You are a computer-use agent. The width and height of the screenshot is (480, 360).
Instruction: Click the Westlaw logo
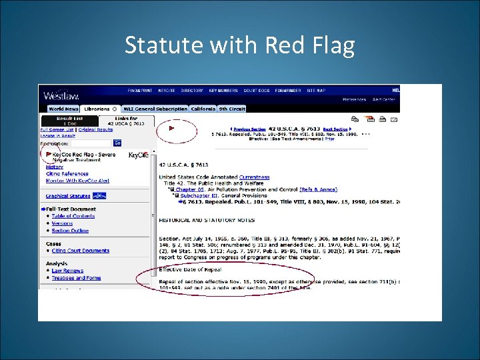(x=61, y=95)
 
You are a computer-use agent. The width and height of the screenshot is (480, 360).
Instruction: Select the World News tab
(x=63, y=109)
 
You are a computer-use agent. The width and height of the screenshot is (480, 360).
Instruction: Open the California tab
(x=203, y=109)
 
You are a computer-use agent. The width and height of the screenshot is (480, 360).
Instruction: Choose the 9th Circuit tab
(x=231, y=109)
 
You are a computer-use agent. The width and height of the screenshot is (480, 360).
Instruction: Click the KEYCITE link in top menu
(x=167, y=91)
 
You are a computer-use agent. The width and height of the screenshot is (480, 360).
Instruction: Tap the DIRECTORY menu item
(x=192, y=91)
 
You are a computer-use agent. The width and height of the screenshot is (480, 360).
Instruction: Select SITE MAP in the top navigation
(x=316, y=91)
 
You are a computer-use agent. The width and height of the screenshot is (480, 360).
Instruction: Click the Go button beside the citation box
(x=117, y=143)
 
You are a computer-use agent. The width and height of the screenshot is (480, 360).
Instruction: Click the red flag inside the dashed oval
(x=171, y=128)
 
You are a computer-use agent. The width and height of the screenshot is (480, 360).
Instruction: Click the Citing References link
(x=67, y=174)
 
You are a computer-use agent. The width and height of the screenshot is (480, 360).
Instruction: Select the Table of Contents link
(x=73, y=216)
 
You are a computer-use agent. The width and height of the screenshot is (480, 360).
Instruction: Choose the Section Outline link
(x=70, y=231)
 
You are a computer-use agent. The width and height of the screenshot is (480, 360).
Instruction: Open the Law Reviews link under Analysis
(x=67, y=271)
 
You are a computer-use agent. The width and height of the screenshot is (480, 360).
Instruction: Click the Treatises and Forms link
(x=76, y=278)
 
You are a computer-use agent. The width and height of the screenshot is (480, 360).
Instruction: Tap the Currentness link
(x=254, y=177)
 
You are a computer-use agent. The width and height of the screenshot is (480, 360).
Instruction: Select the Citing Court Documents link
(x=81, y=251)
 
